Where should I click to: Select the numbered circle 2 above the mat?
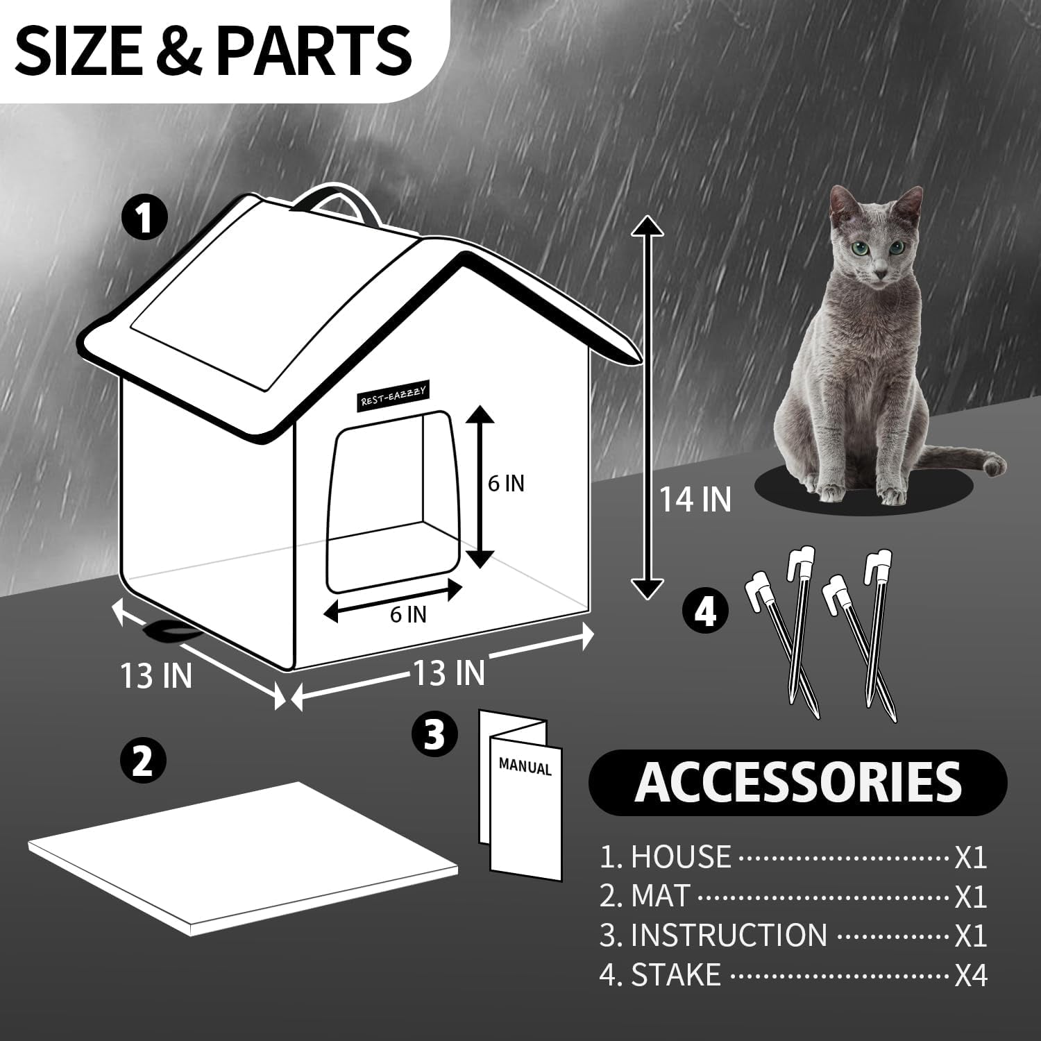143,761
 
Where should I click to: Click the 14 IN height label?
695,500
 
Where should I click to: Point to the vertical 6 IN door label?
506,483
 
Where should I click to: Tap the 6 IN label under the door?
407,614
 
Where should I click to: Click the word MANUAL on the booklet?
525,768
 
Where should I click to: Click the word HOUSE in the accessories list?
680,858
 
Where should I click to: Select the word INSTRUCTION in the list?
728,936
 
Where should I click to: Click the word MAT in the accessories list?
660,897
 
